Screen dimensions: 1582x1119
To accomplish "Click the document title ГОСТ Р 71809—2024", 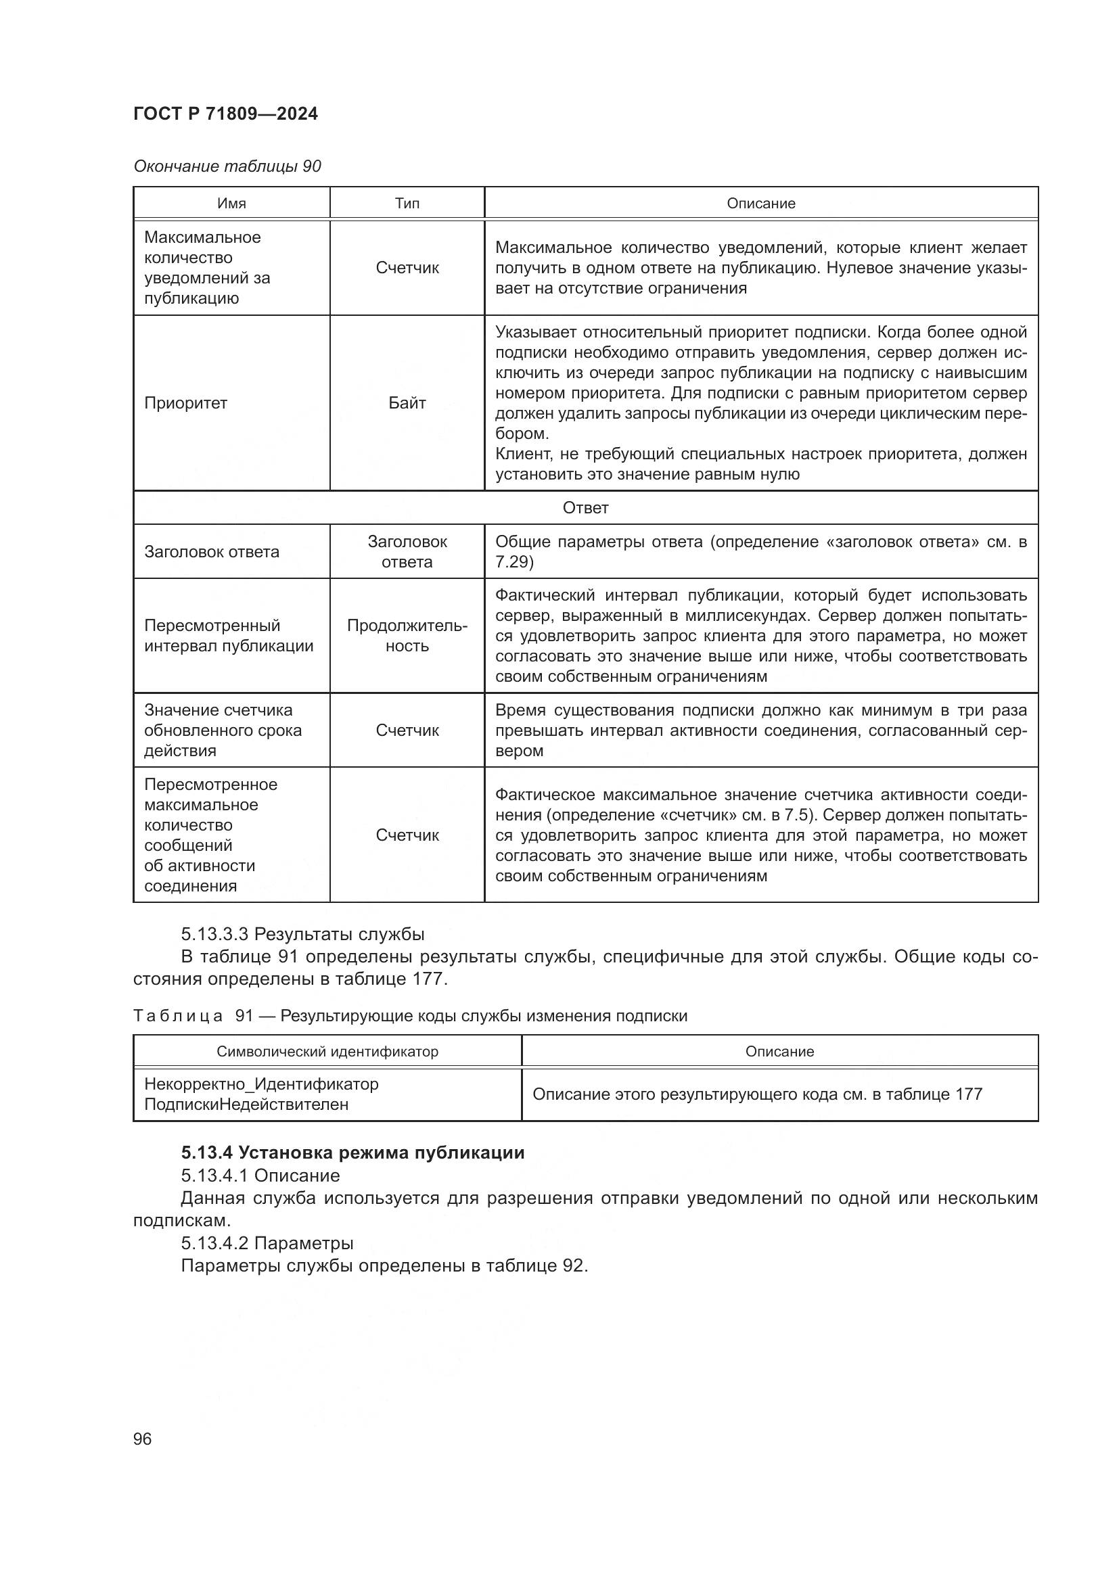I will coord(225,114).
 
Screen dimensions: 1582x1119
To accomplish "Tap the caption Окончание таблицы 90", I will coord(227,166).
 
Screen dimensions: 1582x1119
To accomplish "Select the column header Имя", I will coord(231,204).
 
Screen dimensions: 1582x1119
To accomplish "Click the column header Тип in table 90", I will coord(407,204).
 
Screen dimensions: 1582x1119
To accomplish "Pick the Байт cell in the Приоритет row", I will coord(407,403).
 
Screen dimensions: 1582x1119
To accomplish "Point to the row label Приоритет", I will coord(185,403).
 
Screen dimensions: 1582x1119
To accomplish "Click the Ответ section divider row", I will coord(585,508).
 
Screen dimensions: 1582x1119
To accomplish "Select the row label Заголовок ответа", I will coord(212,552).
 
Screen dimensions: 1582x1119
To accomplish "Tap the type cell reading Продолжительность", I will coord(407,635).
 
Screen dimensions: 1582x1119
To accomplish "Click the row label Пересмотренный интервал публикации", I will coord(228,635).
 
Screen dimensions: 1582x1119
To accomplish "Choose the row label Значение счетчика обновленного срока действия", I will coord(223,730).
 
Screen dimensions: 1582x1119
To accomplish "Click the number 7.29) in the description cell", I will coord(514,562).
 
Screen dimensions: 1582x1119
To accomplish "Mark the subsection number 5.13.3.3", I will coord(214,934).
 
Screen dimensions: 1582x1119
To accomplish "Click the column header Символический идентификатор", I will coord(327,1052).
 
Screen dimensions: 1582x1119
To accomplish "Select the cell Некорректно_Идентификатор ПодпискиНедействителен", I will coord(261,1094).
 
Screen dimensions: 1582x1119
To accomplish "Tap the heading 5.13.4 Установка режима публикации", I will coord(352,1153).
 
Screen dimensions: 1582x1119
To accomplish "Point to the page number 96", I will coord(142,1439).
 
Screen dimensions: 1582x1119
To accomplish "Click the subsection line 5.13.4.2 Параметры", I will coord(267,1243).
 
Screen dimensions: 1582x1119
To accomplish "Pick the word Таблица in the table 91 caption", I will coord(178,1016).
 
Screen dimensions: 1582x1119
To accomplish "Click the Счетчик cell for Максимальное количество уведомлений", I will coord(407,268).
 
